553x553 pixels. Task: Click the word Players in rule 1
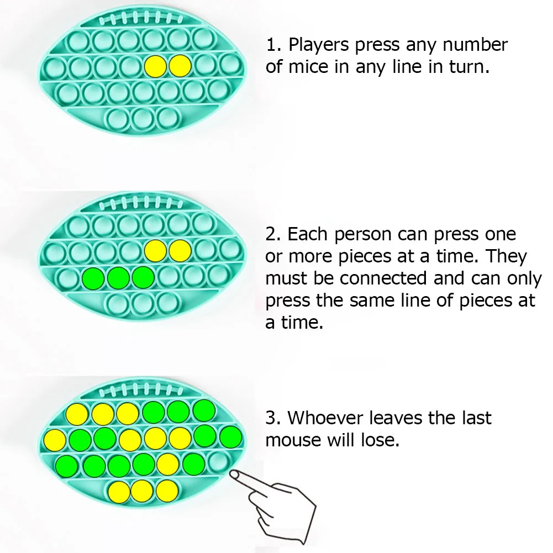[x=319, y=45]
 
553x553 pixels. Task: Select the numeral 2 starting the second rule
[x=271, y=234]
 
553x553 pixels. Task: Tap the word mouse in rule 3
[x=292, y=440]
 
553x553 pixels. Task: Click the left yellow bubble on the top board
[x=155, y=66]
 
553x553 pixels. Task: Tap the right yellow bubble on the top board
[x=180, y=66]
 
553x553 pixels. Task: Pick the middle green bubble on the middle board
[x=118, y=277]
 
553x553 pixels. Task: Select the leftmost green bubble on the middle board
[x=92, y=277]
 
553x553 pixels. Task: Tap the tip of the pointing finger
[x=233, y=474]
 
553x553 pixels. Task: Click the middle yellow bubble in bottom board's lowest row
[x=141, y=489]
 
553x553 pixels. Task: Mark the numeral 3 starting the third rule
[x=271, y=418]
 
